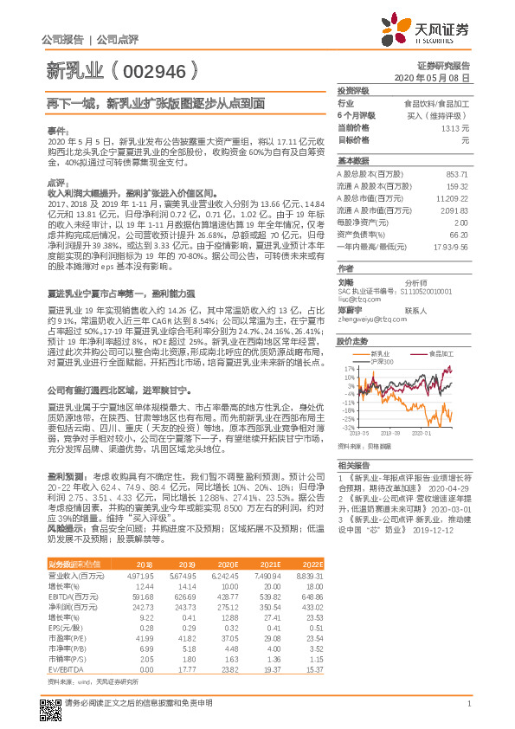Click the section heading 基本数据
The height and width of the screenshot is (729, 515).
pos(353,160)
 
